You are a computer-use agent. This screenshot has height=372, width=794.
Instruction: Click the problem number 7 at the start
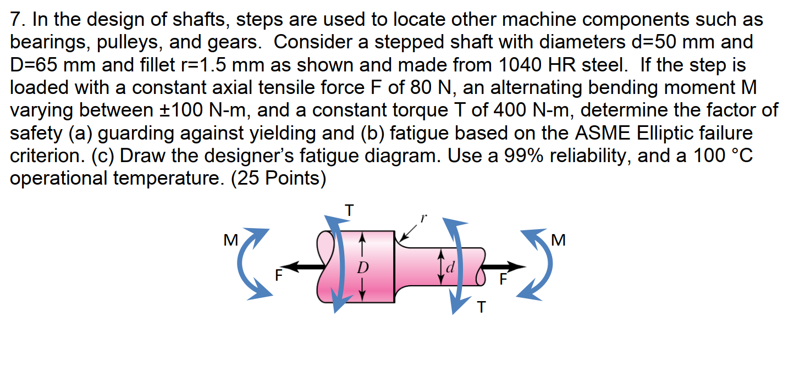(16, 20)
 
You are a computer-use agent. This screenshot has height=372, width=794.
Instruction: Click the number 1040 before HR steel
(522, 65)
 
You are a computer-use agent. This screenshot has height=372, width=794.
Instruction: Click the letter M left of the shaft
(231, 240)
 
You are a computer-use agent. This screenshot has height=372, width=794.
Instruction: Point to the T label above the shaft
(349, 210)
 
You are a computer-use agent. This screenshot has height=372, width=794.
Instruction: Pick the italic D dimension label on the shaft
(361, 268)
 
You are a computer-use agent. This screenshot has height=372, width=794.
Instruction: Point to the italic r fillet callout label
(423, 218)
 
